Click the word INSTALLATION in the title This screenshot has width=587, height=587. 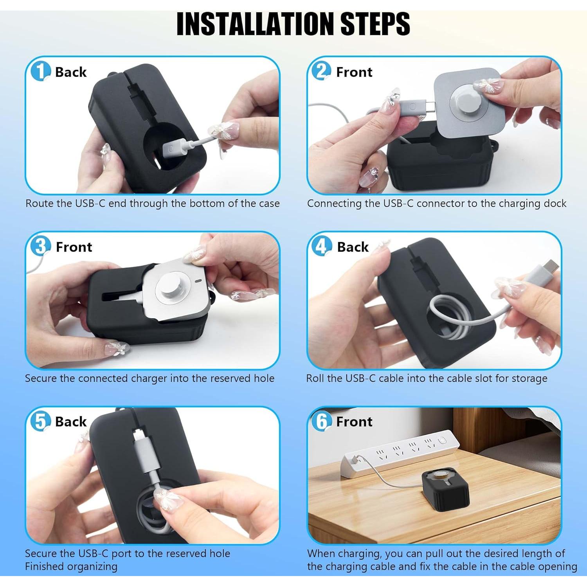(x=256, y=24)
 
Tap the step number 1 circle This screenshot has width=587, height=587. (x=40, y=71)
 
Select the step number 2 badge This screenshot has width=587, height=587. (x=321, y=71)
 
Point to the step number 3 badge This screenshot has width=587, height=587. (x=40, y=246)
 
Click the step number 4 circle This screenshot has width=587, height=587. (x=321, y=246)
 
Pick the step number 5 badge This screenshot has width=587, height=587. (x=40, y=421)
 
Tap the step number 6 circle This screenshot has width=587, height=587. (x=321, y=421)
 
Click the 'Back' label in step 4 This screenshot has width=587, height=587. (x=353, y=247)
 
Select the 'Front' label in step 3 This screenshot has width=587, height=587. (x=74, y=247)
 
